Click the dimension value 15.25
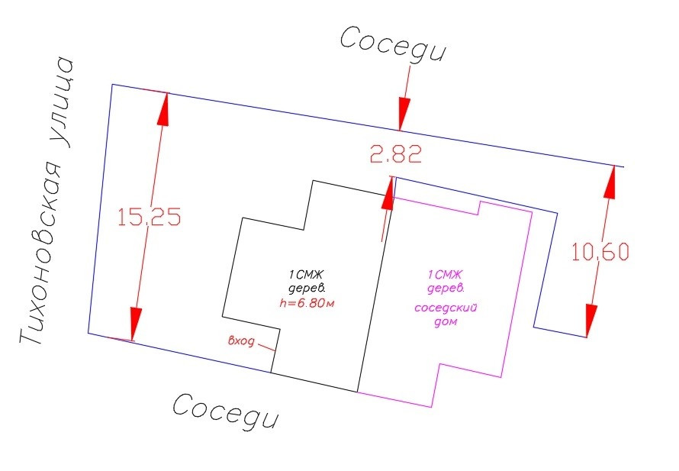tap(149, 218)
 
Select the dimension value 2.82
tap(395, 155)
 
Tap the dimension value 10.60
tap(600, 252)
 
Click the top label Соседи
tap(392, 44)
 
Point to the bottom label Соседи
tap(226, 412)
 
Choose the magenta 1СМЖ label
tap(446, 274)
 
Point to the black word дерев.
tap(309, 288)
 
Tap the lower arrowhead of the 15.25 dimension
tap(135, 324)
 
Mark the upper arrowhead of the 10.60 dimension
tap(611, 182)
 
